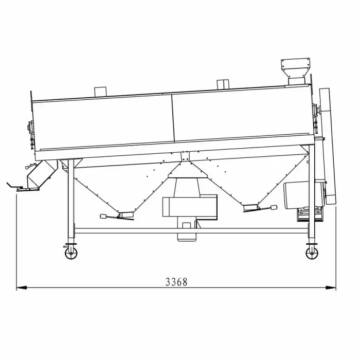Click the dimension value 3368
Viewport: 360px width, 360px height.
click(176, 282)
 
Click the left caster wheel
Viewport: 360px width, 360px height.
click(71, 253)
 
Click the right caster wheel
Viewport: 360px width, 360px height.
click(312, 253)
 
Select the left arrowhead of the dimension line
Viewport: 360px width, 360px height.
click(22, 287)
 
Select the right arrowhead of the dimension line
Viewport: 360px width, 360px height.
click(331, 287)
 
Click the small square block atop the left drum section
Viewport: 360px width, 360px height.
click(100, 92)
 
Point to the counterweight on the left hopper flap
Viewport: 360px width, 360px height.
click(103, 216)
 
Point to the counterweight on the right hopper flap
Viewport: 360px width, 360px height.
click(274, 208)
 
